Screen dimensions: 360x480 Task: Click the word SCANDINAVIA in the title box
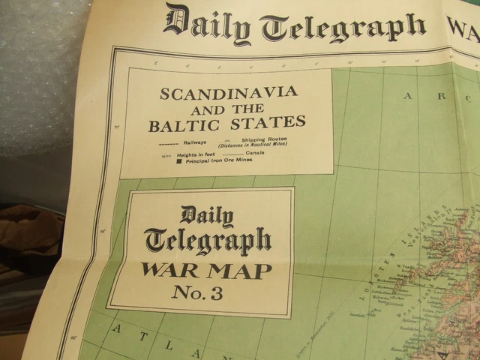click(228, 94)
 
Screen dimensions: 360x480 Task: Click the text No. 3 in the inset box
click(196, 294)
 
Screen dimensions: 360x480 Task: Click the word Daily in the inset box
click(205, 216)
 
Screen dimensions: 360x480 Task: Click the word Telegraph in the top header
click(343, 28)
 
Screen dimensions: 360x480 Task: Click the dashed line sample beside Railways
click(169, 142)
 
